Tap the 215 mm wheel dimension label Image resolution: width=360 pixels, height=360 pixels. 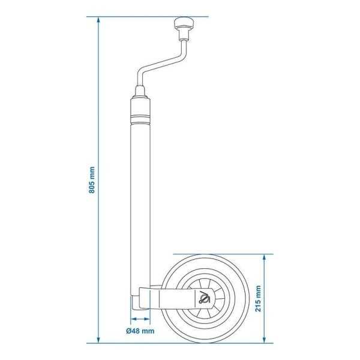pyautogui.click(x=259, y=298)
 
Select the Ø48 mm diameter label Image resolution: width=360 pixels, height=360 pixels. pyautogui.click(x=140, y=331)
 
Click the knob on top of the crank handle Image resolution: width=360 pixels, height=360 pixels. pyautogui.click(x=181, y=25)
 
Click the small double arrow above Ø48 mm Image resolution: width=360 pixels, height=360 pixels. pyautogui.click(x=140, y=319)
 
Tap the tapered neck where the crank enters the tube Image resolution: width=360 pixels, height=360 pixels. pyautogui.click(x=140, y=94)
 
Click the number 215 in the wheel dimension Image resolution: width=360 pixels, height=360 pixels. pyautogui.click(x=259, y=304)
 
